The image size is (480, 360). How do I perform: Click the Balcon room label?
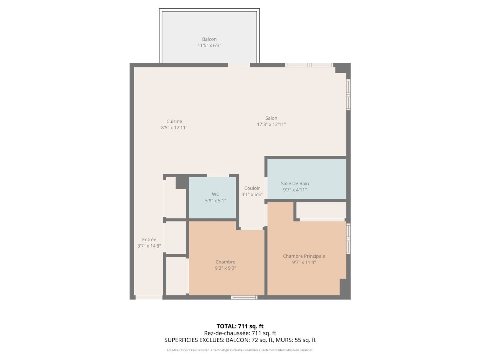209,39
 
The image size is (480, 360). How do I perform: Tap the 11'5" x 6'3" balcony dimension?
209,46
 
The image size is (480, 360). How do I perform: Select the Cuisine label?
174,122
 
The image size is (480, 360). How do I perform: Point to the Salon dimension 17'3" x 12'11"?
271,124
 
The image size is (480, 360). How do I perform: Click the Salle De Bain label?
295,184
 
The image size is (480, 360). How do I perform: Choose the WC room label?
215,194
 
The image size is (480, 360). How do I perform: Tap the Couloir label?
252,188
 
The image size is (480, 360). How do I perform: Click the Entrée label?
149,240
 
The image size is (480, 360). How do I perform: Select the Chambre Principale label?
304,256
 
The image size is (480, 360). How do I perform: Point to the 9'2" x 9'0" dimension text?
225,268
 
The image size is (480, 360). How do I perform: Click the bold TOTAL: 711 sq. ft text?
240,326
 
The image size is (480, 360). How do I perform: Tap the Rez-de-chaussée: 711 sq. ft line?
240,333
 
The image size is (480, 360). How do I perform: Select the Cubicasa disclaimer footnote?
240,350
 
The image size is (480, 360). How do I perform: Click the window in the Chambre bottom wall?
244,297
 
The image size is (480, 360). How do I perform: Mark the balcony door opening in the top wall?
239,65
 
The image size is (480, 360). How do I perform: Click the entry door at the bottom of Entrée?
149,297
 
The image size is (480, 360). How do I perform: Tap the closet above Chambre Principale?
321,210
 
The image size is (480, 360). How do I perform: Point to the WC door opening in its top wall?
218,175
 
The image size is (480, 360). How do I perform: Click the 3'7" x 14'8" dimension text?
149,246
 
